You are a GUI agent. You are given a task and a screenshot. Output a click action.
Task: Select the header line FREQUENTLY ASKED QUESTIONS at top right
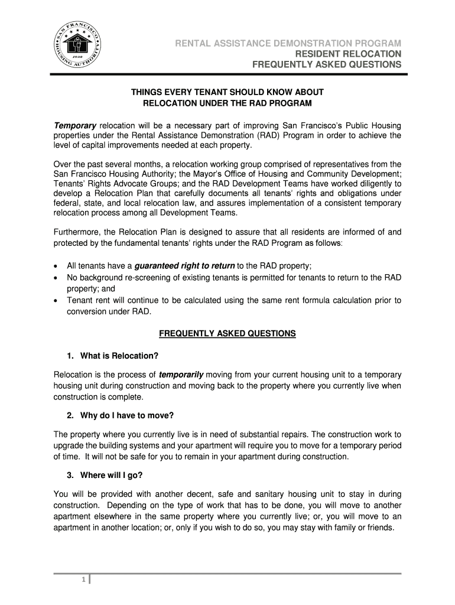pyautogui.click(x=327, y=64)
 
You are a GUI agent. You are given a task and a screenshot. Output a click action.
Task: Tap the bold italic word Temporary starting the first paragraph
pyautogui.click(x=75, y=126)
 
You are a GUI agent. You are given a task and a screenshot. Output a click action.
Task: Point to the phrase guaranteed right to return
pyautogui.click(x=185, y=266)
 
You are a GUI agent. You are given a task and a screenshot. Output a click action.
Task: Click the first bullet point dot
pyautogui.click(x=56, y=266)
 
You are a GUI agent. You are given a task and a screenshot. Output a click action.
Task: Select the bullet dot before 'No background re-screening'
pyautogui.click(x=56, y=278)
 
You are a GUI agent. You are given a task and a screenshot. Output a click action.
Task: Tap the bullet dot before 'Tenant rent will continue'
pyautogui.click(x=56, y=301)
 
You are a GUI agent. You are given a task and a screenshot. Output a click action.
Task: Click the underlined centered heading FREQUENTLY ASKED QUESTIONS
pyautogui.click(x=227, y=334)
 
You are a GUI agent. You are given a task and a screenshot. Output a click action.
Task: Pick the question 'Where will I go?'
pyautogui.click(x=112, y=475)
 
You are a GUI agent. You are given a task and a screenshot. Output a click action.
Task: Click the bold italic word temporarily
pyautogui.click(x=181, y=375)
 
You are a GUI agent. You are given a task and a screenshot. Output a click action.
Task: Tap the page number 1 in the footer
pyautogui.click(x=83, y=581)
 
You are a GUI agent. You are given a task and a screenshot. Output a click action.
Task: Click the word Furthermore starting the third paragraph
pyautogui.click(x=77, y=232)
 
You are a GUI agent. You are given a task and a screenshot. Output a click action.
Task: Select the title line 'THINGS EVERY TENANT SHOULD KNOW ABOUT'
pyautogui.click(x=227, y=93)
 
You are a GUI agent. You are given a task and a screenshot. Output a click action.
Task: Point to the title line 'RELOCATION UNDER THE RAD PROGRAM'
pyautogui.click(x=227, y=103)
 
